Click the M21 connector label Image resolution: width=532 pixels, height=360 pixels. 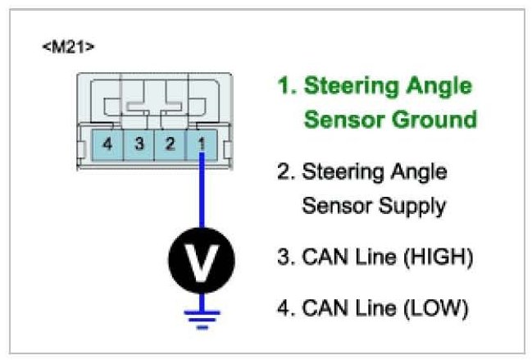coord(68,47)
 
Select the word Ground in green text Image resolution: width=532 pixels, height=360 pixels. coord(434,120)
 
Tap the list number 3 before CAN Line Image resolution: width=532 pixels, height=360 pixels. coord(284,258)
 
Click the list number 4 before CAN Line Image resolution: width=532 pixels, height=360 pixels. coord(284,309)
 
